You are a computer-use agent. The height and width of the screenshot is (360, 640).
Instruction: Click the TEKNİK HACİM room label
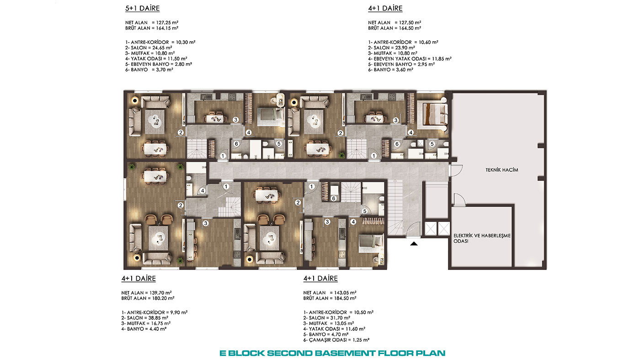(502, 170)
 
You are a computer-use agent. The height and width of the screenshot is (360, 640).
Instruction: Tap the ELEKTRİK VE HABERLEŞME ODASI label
(482, 238)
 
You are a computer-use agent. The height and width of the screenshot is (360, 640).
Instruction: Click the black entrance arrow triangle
(414, 244)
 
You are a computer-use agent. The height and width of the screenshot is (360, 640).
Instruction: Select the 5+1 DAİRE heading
(142, 8)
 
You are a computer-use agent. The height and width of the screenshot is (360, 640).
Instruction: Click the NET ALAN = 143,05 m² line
(330, 293)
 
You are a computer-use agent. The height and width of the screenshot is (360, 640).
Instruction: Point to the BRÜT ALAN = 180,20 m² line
(148, 298)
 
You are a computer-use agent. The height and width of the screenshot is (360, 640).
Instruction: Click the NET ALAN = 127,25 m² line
(152, 22)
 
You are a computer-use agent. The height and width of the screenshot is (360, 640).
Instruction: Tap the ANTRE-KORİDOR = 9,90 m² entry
(155, 312)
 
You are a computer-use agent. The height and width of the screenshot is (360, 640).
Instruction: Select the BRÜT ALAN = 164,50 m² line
(395, 28)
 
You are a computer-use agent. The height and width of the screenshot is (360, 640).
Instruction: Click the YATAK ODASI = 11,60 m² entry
(334, 329)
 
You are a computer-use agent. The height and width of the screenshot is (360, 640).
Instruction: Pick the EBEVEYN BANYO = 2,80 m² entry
(159, 64)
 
